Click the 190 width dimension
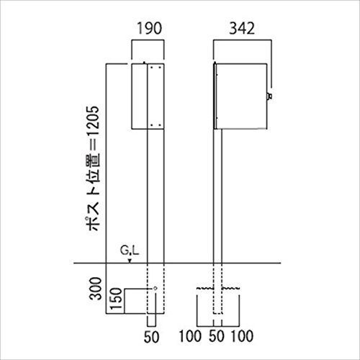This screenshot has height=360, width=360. click(149, 28)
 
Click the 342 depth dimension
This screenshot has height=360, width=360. click(242, 28)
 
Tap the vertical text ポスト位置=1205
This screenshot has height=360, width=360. click(92, 168)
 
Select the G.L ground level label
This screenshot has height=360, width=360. click(130, 251)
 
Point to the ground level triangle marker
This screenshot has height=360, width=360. click(130, 261)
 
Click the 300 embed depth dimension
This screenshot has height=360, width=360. click(95, 289)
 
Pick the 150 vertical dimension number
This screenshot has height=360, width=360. click(116, 299)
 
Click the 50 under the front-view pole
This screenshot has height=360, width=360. click(151, 337)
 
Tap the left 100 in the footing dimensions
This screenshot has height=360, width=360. click(190, 336)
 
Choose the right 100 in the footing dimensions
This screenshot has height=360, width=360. click(242, 336)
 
